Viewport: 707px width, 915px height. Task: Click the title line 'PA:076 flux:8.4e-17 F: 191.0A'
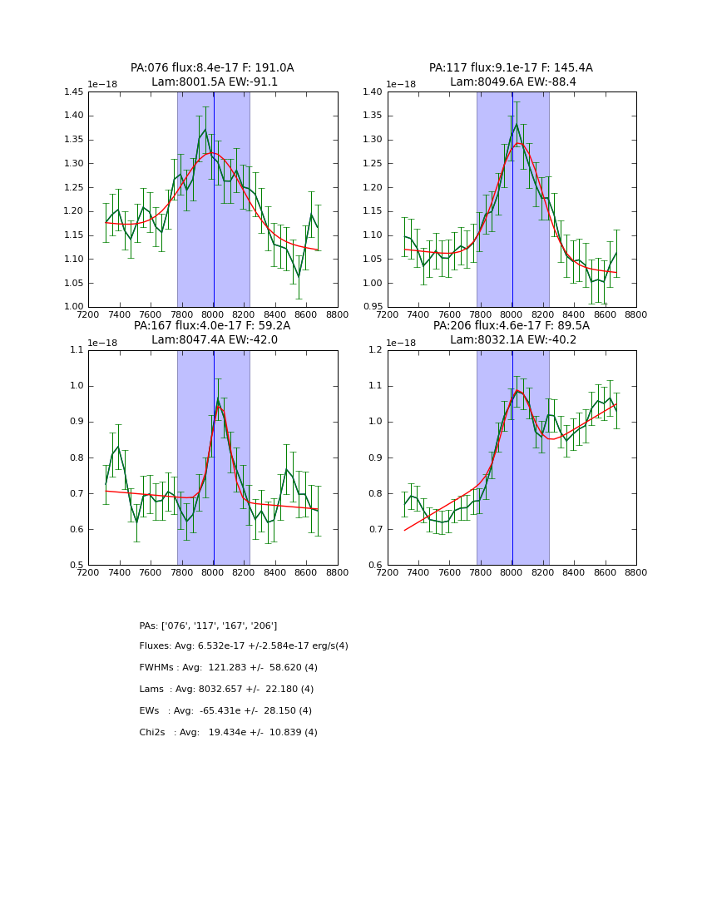(212, 68)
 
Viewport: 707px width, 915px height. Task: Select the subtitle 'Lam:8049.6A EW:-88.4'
(512, 82)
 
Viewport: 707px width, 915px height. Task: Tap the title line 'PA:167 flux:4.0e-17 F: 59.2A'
(212, 326)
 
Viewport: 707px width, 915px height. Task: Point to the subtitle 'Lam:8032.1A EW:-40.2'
(512, 340)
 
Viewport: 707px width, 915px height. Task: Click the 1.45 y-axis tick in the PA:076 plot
(73, 92)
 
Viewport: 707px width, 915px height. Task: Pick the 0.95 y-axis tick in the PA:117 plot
(373, 307)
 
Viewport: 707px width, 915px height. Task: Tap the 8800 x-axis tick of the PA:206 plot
(636, 572)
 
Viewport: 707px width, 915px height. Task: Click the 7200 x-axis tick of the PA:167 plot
(88, 572)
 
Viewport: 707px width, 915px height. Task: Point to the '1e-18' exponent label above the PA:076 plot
(103, 85)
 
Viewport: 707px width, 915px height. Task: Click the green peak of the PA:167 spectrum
(218, 398)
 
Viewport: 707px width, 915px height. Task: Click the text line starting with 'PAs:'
(208, 626)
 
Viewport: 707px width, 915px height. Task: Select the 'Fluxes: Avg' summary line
(244, 646)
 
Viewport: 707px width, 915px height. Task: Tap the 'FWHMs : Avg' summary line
(229, 668)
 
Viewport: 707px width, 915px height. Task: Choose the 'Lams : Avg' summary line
(226, 690)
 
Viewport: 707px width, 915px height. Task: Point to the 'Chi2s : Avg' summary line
(229, 733)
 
